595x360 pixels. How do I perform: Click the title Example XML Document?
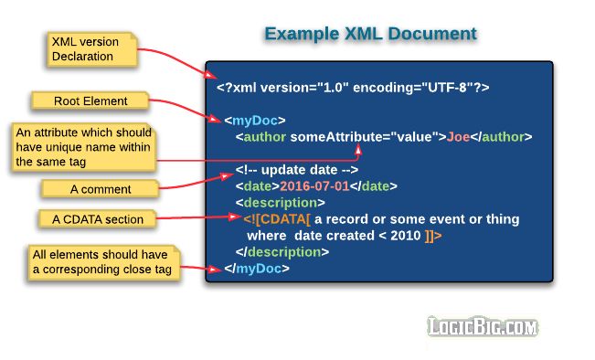tap(370, 34)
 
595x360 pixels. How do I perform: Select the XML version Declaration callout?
tap(91, 48)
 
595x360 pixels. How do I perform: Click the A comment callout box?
tap(101, 189)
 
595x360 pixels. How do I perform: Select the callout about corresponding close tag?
tap(101, 261)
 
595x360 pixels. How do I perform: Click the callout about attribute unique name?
tap(84, 146)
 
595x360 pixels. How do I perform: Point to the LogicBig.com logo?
tap(483, 326)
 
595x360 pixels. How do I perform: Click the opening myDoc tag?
tap(255, 120)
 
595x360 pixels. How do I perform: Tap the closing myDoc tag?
tap(258, 269)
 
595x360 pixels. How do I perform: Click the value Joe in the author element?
tap(458, 137)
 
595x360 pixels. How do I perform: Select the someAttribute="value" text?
tap(367, 137)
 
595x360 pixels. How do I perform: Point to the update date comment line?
tap(296, 170)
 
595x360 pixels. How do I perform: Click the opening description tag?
tap(280, 203)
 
